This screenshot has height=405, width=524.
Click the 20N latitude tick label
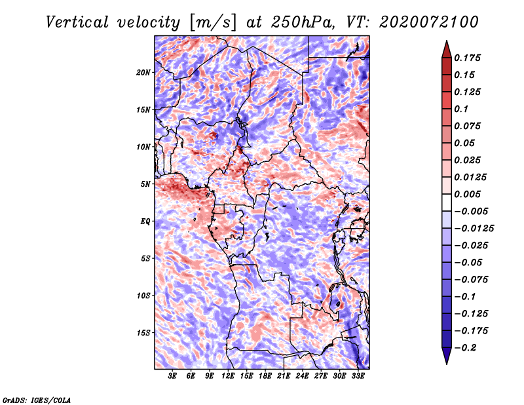pos(143,73)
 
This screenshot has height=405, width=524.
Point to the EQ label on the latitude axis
pos(145,222)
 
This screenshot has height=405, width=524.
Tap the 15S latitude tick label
pos(143,333)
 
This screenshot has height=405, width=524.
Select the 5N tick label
pos(145,184)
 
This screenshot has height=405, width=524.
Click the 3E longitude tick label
pos(172,376)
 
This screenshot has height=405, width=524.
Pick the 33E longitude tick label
pos(358,376)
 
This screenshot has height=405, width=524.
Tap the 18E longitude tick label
pos(265,376)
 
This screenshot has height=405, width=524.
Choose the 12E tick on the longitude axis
pos(228,376)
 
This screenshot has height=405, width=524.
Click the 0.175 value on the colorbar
pos(467,58)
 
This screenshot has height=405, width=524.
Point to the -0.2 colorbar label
pos(465,348)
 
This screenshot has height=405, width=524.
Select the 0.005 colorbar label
pos(467,194)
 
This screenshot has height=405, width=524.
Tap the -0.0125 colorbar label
pos(474,229)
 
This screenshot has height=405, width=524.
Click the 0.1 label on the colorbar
pos(461,109)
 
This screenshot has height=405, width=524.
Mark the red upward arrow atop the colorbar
pos(447,49)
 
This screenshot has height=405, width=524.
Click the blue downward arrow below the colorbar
pos(447,356)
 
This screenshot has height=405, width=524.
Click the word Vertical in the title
pos(77,22)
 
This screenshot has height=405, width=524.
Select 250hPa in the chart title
pos(303,22)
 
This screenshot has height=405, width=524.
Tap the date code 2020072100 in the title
pos(429,22)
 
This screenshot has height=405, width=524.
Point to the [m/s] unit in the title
pos(213,23)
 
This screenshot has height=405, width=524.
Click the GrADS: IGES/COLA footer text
pos(37,400)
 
